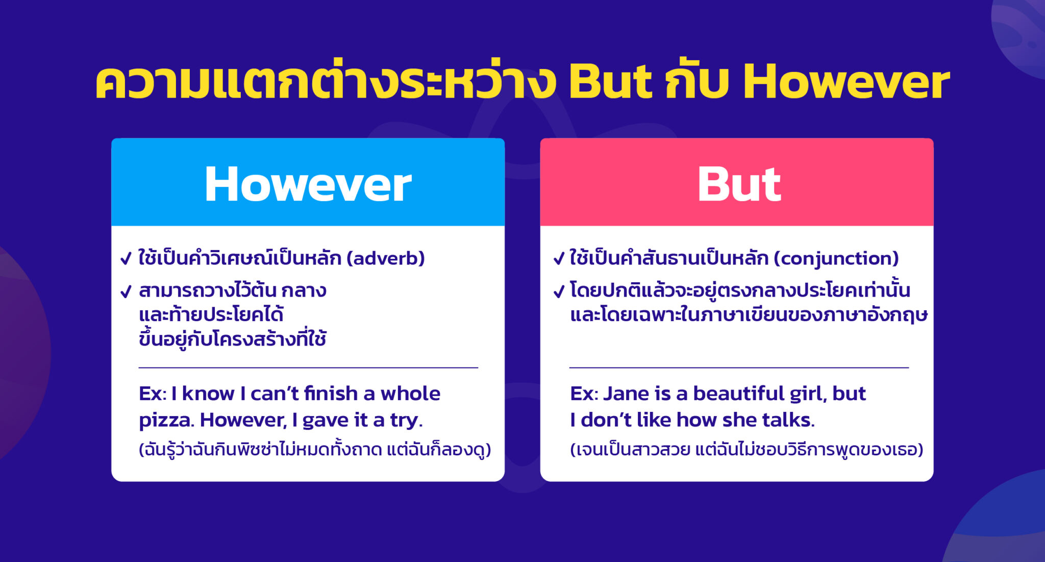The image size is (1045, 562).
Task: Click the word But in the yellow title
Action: [x=610, y=82]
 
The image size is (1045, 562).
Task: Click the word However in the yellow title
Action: [x=846, y=82]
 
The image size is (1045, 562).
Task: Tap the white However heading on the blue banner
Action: [x=308, y=184]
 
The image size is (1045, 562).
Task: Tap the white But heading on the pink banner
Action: [x=739, y=184]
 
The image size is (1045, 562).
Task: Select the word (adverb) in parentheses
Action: [x=386, y=258]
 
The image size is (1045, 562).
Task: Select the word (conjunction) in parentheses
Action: [x=836, y=258]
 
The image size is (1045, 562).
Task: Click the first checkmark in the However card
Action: [x=126, y=259]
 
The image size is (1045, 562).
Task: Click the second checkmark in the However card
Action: [x=126, y=291]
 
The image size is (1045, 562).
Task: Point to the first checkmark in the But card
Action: [x=559, y=259]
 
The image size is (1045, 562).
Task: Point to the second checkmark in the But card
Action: [x=559, y=291]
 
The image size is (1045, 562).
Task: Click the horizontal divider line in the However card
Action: [x=308, y=368]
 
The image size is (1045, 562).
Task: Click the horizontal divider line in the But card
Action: [x=739, y=368]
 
